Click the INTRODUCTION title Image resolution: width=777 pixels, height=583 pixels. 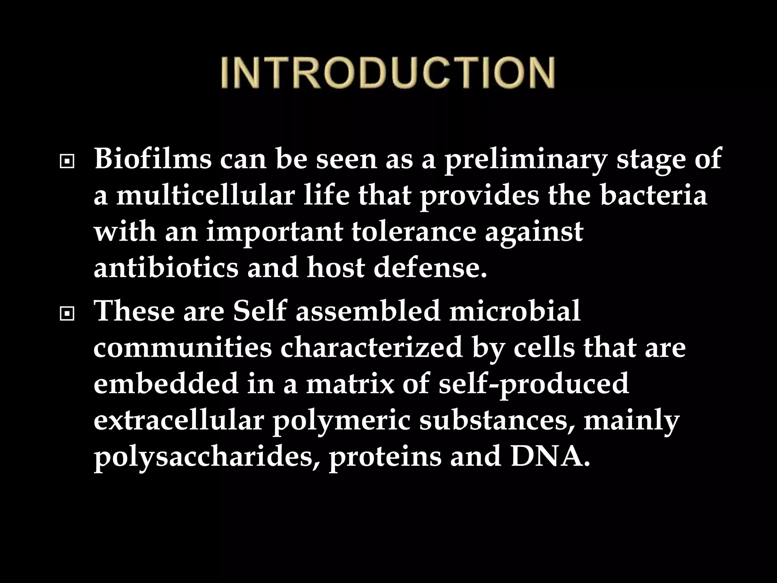pyautogui.click(x=388, y=73)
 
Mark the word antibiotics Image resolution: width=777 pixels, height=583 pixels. pyautogui.click(x=166, y=268)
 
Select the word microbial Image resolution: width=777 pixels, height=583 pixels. pyautogui.click(x=514, y=311)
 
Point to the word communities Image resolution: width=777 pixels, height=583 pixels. pyautogui.click(x=182, y=348)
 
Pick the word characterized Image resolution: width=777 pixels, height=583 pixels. pyautogui.click(x=371, y=348)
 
